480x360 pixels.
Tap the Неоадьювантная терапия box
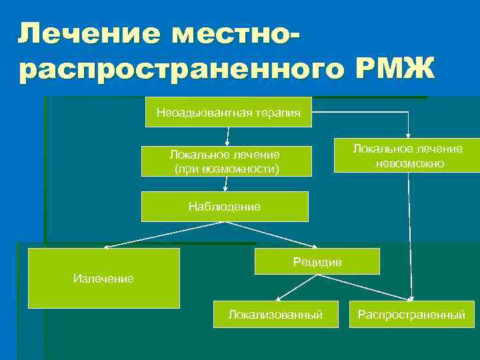pos(228,112)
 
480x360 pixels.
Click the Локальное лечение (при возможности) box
pos(225,161)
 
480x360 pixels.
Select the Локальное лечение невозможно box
pos(407,156)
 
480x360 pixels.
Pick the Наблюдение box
pos(225,207)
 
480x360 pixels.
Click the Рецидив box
pos(317,261)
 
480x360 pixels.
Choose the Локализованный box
pos(275,314)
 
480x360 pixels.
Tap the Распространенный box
pos(411,314)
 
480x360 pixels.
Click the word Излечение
pos(103,278)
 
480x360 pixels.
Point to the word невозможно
pos(408,163)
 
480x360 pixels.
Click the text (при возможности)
pos(226,169)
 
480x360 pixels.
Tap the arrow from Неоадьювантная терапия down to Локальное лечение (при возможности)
pos(228,135)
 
